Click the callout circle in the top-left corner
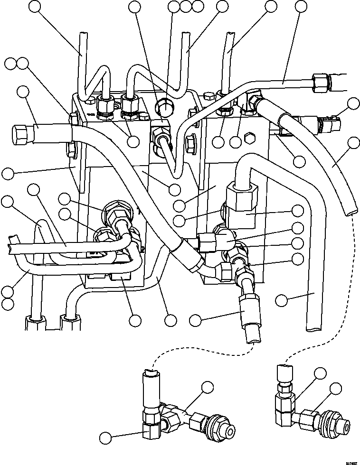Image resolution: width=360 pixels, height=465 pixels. click(35, 6)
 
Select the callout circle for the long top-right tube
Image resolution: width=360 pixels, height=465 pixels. click(301, 6)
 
